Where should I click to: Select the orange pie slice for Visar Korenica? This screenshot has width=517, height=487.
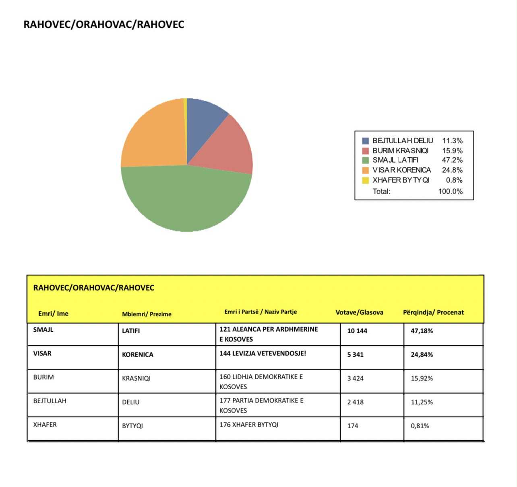click(x=153, y=137)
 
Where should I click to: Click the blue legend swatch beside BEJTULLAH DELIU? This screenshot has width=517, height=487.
click(x=366, y=141)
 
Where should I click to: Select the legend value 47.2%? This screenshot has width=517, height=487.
click(x=452, y=160)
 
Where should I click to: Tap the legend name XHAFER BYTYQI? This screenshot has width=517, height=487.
click(x=401, y=180)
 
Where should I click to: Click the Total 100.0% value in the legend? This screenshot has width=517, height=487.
click(x=450, y=192)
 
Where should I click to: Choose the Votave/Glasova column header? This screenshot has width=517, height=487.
click(x=359, y=312)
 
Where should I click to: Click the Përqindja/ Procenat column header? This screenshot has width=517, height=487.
click(x=433, y=312)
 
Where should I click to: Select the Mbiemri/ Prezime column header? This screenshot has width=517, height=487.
click(x=147, y=314)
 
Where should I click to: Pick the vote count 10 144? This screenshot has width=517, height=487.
click(x=357, y=331)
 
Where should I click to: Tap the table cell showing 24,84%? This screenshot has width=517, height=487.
click(x=422, y=355)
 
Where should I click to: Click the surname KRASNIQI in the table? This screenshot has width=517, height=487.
click(x=136, y=378)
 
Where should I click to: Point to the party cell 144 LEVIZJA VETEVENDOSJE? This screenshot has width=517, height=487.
click(x=263, y=353)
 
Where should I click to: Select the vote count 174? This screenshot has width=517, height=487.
click(x=353, y=426)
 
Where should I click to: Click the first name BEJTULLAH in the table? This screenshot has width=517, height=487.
click(x=50, y=401)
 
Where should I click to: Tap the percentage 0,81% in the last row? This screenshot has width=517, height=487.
click(x=420, y=426)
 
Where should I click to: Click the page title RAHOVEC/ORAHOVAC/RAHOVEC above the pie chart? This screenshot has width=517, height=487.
click(x=104, y=24)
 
